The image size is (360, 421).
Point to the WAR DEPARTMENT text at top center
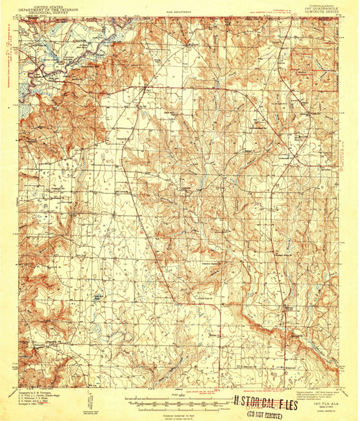pyautogui.click(x=179, y=13)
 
